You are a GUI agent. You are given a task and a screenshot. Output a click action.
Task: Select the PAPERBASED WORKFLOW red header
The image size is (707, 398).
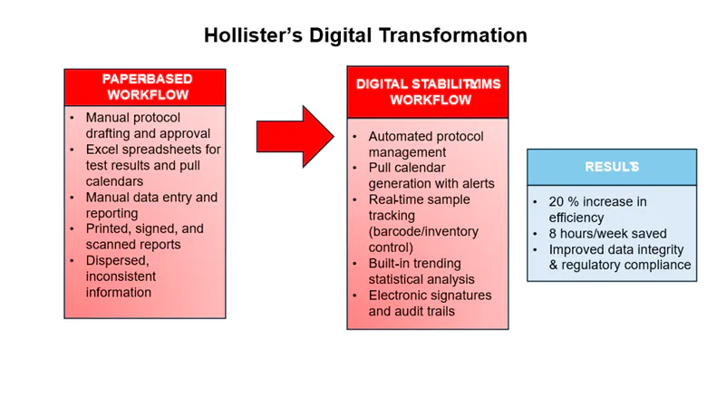(146, 87)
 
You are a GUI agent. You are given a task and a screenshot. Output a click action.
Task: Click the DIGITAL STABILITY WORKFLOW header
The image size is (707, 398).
(428, 92)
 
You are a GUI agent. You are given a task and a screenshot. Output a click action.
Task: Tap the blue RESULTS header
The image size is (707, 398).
(611, 167)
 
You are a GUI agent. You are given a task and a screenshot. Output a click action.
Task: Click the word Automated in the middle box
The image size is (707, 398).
(401, 136)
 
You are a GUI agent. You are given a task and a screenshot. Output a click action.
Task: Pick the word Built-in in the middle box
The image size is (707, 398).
(391, 263)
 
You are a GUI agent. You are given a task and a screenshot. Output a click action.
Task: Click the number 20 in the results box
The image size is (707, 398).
(557, 201)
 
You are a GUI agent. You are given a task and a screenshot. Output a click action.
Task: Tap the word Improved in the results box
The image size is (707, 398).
(576, 249)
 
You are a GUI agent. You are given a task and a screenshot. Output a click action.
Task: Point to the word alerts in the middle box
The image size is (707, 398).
(475, 183)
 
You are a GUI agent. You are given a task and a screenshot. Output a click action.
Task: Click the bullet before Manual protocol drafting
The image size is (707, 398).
(72, 118)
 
